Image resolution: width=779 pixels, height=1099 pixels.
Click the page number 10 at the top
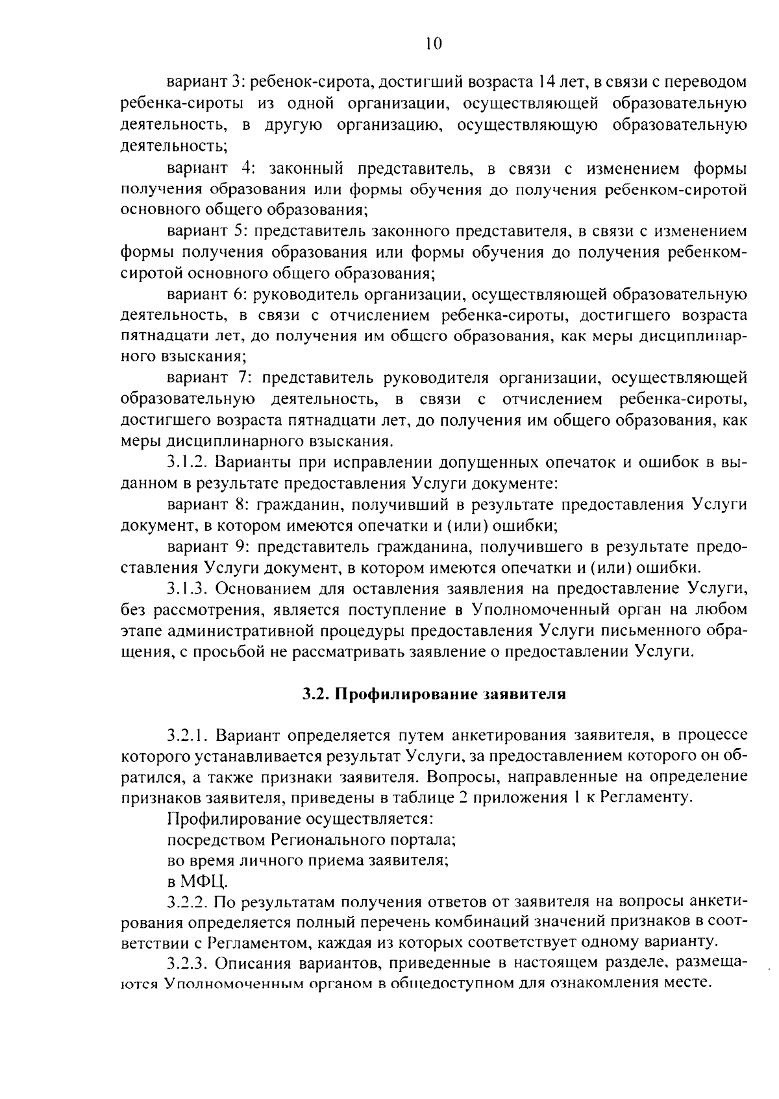point(434,43)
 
